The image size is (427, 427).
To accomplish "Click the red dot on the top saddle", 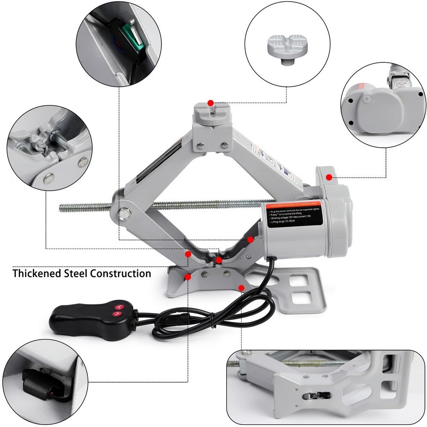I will click(x=210, y=103).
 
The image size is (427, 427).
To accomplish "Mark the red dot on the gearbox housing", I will click(x=328, y=177).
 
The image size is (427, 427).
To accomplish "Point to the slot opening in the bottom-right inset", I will click(x=318, y=396).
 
